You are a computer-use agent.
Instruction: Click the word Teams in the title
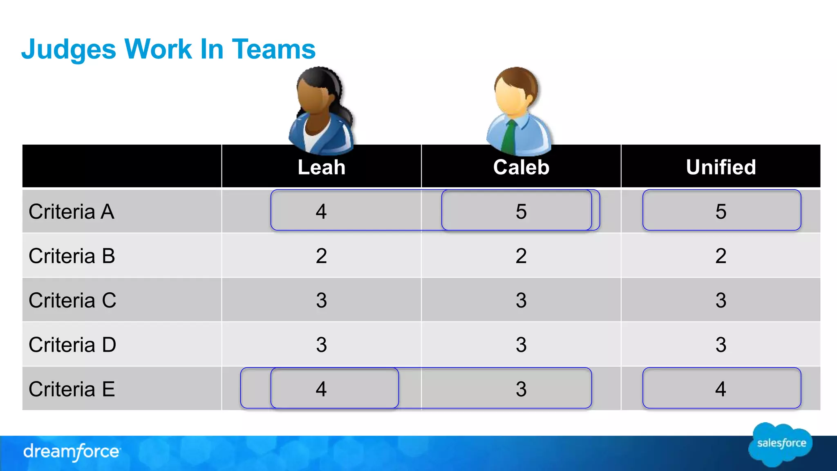coord(274,49)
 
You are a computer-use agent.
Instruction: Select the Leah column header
coord(321,167)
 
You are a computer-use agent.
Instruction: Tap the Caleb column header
coord(521,167)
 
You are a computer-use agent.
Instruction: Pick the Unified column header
coord(721,167)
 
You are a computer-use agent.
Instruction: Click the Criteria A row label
coord(72,211)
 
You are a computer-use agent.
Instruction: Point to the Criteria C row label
coord(72,300)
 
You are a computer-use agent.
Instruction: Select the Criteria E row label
coord(72,389)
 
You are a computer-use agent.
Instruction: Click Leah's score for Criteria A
coord(321,211)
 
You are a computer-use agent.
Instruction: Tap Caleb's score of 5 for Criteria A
coord(521,211)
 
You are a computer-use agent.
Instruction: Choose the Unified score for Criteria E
coord(721,389)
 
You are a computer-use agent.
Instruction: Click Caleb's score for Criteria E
coord(521,389)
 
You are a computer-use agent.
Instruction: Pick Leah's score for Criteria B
coord(321,256)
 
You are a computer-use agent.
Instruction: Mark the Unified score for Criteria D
coord(721,345)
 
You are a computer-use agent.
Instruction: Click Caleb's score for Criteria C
coord(521,300)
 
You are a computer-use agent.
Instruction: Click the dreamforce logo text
coord(72,452)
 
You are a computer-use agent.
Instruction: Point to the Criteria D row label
coord(72,345)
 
